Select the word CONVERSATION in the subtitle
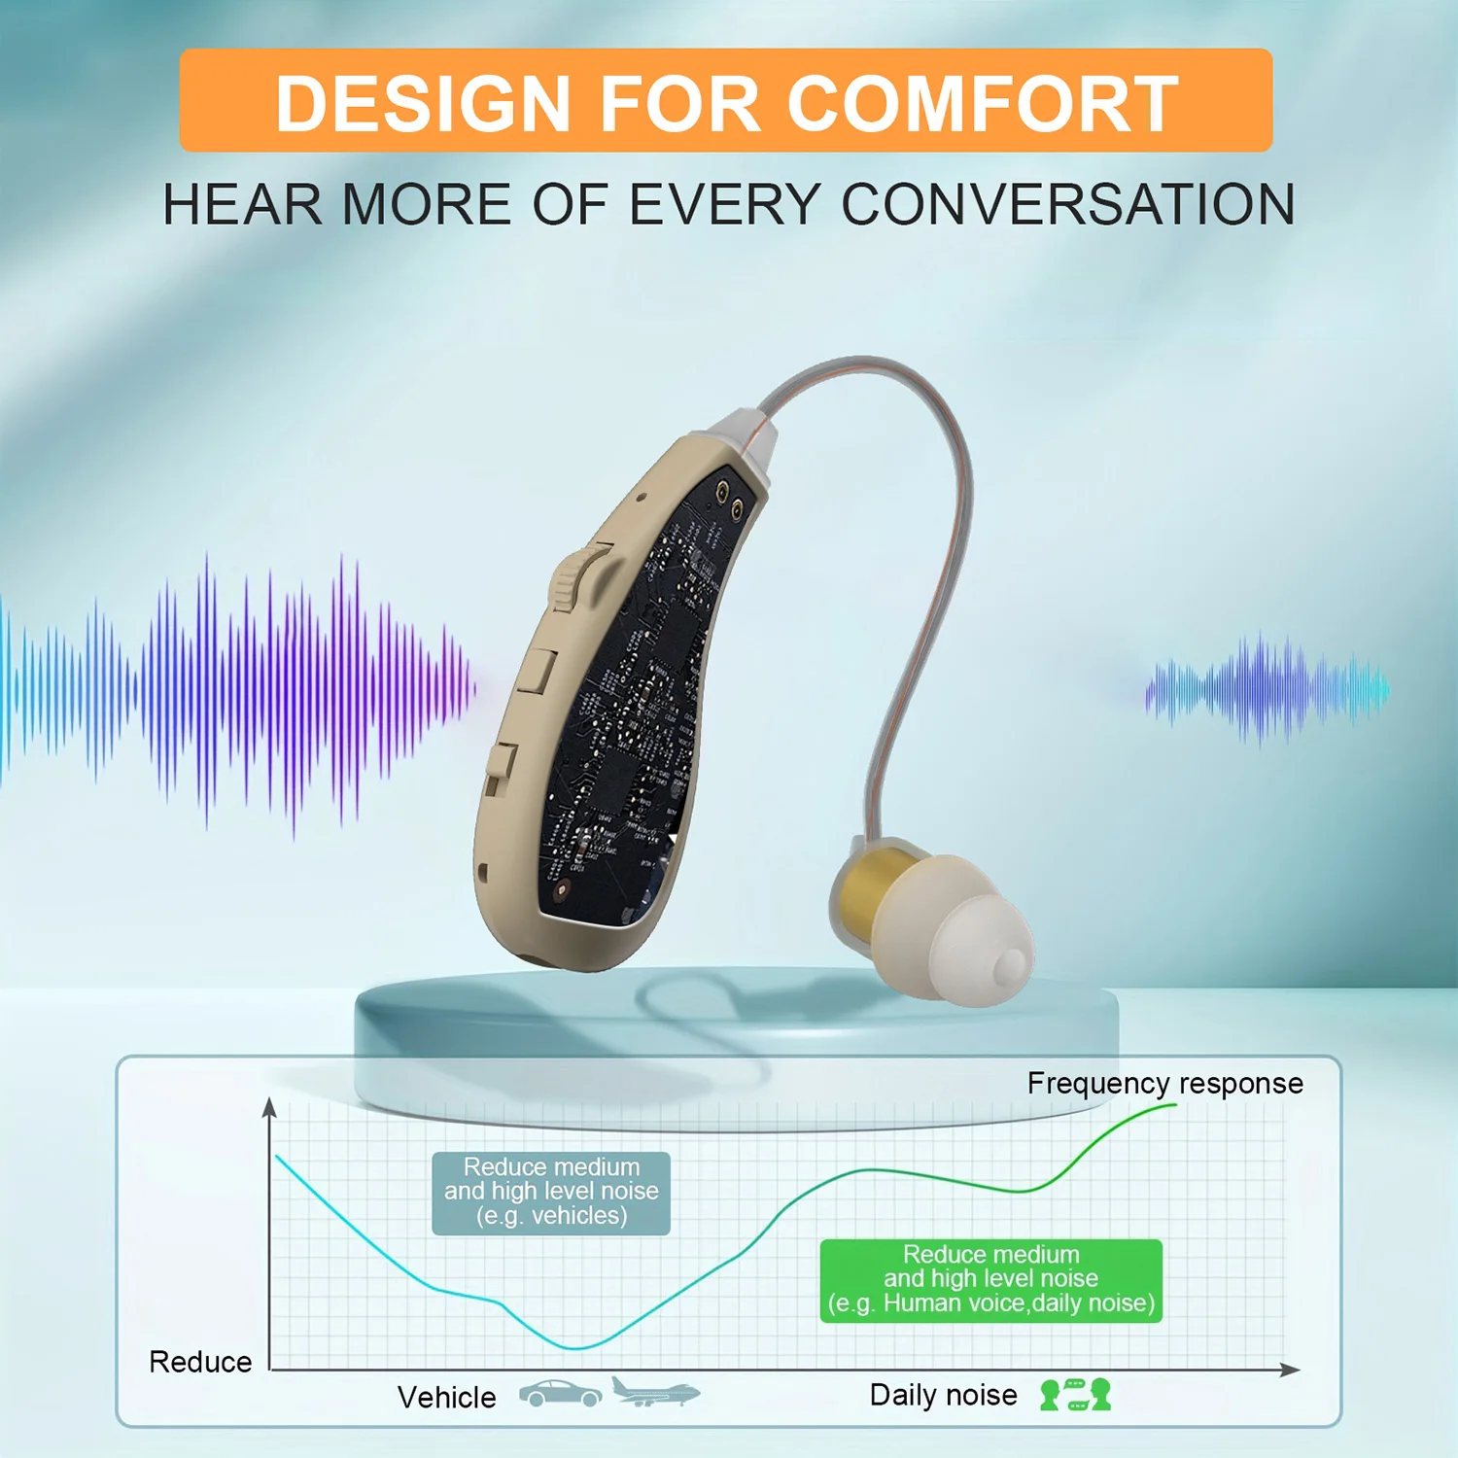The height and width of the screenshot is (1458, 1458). click(1067, 204)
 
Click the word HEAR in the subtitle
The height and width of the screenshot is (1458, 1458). click(241, 204)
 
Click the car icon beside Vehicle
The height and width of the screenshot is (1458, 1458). click(560, 1393)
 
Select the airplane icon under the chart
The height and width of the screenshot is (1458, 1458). click(655, 1392)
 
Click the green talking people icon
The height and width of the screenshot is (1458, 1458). click(1075, 1395)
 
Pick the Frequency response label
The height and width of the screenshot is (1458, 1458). click(1164, 1083)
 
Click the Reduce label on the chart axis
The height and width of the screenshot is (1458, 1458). click(200, 1362)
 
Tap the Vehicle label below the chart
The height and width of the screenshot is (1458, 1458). click(446, 1397)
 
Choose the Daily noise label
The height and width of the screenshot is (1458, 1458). click(943, 1395)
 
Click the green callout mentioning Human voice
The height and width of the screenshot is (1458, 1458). click(991, 1280)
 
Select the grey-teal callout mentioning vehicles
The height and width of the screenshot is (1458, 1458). click(551, 1193)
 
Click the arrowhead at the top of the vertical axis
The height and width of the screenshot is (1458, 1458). click(270, 1106)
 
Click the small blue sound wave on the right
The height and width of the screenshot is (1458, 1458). click(1267, 689)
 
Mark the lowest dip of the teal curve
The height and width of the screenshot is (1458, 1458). click(577, 1348)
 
